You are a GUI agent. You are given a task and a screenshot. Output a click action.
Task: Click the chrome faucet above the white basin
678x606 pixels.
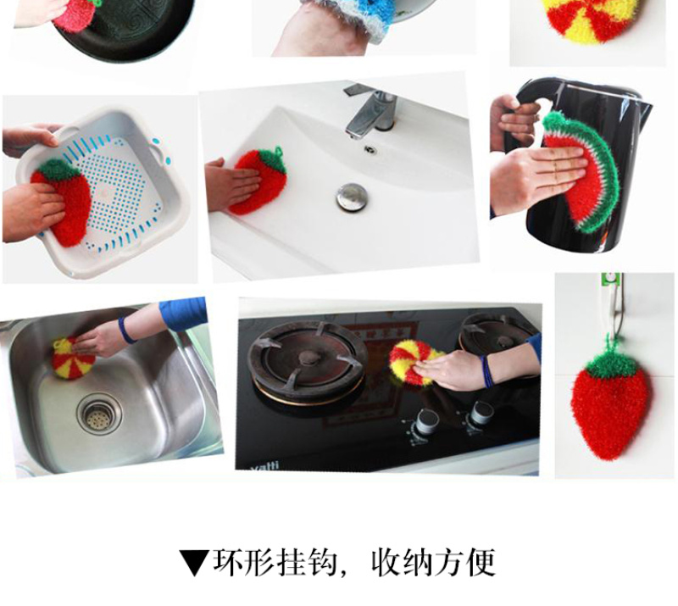point(372,110)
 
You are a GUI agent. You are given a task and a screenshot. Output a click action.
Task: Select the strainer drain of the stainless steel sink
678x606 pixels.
point(99,414)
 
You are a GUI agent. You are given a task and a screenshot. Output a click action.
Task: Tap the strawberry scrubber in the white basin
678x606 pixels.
point(258,181)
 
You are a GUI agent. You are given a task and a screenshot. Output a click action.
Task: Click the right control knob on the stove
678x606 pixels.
point(481,413)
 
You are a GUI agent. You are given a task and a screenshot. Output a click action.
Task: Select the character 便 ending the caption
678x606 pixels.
point(479,562)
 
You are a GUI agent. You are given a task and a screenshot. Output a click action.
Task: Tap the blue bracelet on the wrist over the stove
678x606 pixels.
point(487,372)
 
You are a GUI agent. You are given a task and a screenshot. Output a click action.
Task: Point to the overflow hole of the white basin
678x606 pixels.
point(370,149)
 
